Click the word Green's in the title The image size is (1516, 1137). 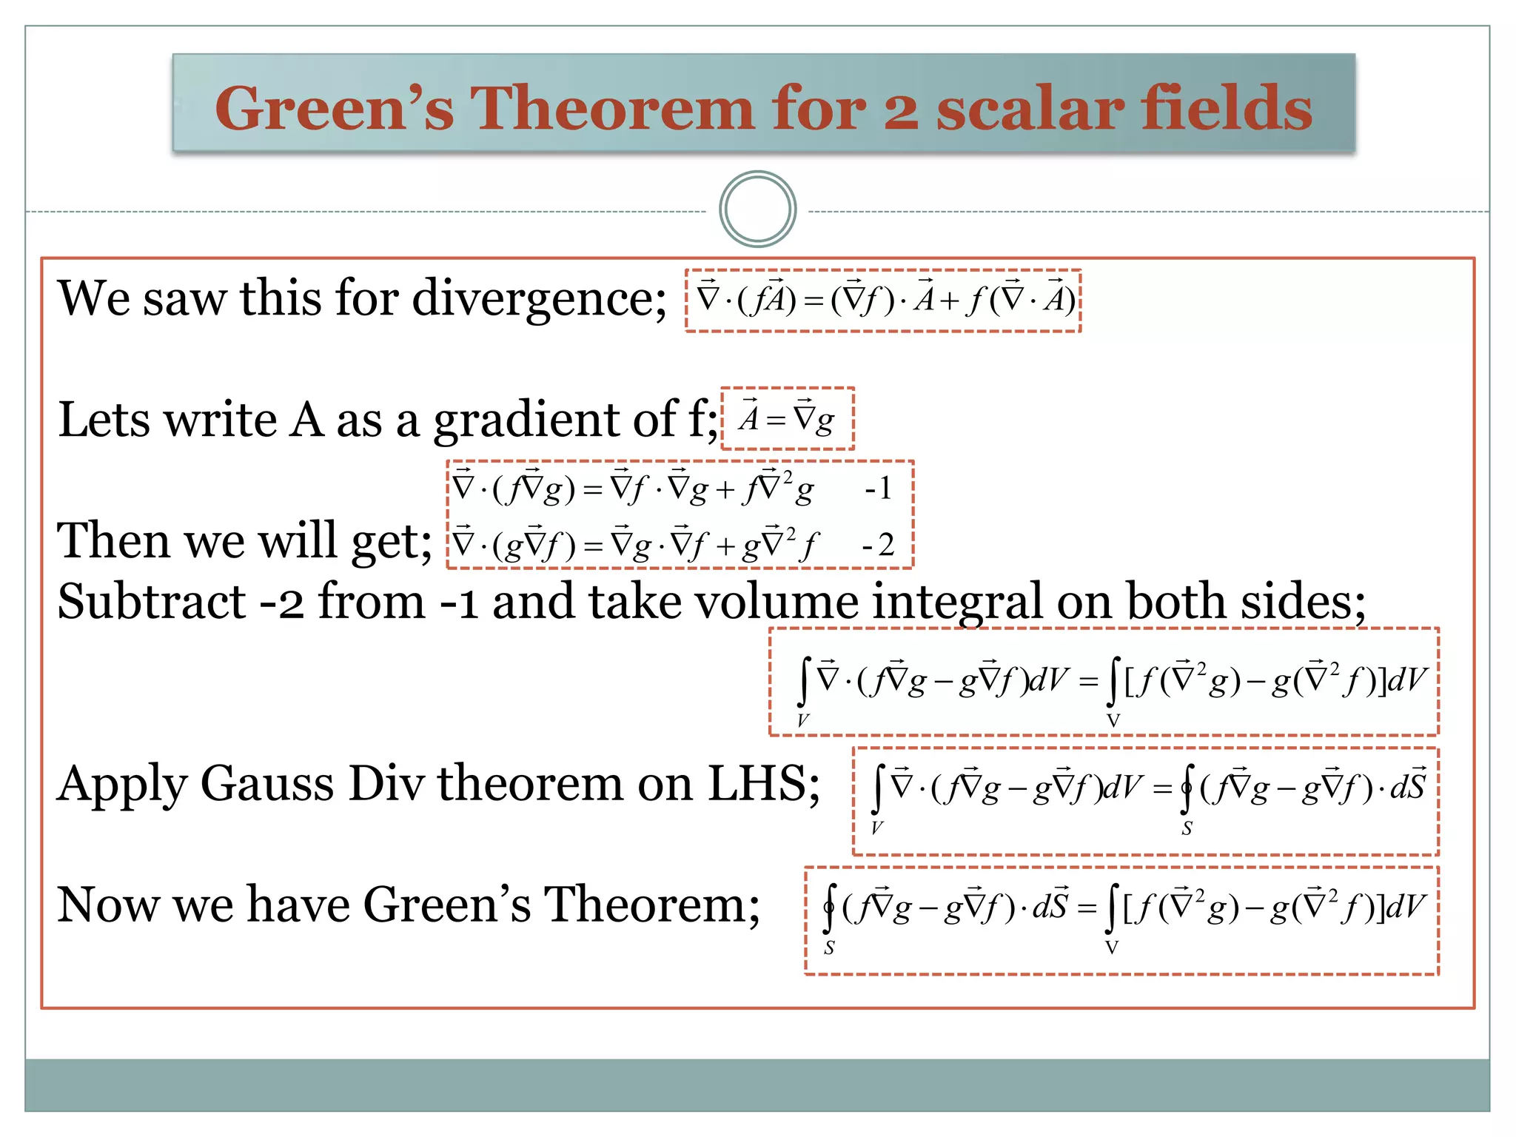tap(334, 109)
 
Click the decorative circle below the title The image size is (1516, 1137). tap(757, 209)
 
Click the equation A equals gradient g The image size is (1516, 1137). tap(788, 419)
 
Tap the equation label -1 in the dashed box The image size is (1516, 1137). tap(879, 489)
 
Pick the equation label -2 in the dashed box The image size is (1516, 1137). tap(879, 545)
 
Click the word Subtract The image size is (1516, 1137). tap(152, 601)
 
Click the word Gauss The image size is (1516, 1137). tap(267, 784)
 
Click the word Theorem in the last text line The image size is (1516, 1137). tap(651, 905)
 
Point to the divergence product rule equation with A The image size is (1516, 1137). tap(884, 300)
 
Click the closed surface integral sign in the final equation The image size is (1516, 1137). tap(831, 908)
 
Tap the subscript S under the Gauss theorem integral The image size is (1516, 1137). tap(1187, 829)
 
